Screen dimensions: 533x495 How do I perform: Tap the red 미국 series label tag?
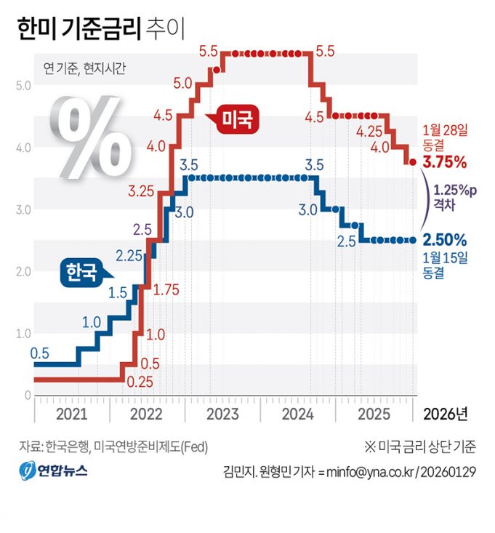(239, 119)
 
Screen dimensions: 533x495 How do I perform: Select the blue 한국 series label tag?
(81, 273)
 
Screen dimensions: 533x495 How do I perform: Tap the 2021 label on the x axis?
(71, 414)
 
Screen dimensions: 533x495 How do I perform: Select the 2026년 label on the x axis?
(445, 414)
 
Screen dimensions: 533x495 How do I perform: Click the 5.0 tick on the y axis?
(22, 85)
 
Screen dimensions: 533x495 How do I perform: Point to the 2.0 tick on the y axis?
(22, 271)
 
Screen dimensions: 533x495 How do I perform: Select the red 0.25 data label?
(139, 381)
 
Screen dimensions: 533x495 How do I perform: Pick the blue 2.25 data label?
(129, 255)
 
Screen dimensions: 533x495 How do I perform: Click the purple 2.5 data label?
(142, 229)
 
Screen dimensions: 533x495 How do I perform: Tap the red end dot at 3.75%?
(412, 162)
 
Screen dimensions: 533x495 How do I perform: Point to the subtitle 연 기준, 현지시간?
(84, 69)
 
